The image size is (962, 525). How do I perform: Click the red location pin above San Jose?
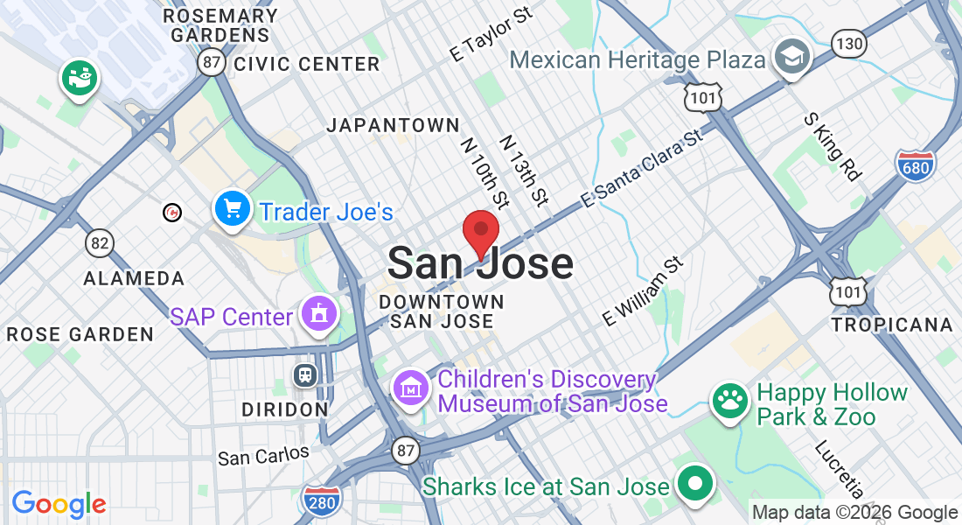pos(480,231)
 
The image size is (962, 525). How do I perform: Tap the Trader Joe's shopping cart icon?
pos(233,210)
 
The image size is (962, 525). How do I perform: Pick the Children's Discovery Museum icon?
pos(411,387)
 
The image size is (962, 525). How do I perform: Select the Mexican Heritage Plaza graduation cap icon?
pos(793,57)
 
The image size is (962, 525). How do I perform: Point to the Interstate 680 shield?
pos(915,164)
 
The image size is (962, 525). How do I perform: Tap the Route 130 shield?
pos(848,43)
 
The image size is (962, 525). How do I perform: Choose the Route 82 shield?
pos(100,242)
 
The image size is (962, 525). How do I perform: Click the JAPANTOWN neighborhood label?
pos(393,126)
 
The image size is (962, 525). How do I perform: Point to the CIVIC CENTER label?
pos(306,64)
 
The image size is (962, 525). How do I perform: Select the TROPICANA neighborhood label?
pos(892,325)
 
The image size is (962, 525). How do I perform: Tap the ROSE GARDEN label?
pos(80,334)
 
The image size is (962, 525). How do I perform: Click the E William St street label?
pos(642,292)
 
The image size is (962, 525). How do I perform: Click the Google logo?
pos(59,504)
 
